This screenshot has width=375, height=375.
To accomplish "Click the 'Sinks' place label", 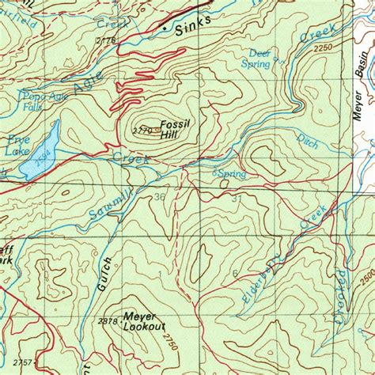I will [193, 27].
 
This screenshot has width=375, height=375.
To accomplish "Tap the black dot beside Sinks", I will [165, 28].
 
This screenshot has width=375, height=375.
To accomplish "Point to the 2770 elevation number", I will [142, 130].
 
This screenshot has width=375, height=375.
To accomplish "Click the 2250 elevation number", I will [324, 49].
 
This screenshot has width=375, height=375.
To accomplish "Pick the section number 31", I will [236, 199].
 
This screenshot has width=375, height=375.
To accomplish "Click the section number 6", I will [235, 274].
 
